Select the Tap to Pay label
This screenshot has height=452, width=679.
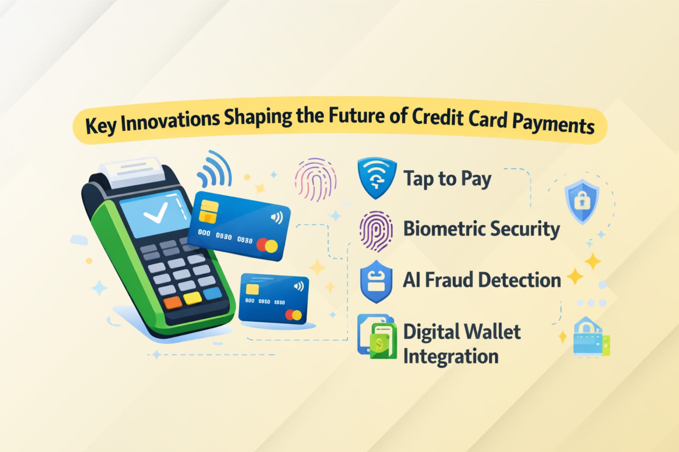point(447,179)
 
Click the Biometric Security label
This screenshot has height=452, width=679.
point(482,229)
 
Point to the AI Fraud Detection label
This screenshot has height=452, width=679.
point(482,279)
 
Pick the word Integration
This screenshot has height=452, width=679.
point(451,356)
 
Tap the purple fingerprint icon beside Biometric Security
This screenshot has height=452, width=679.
point(376,231)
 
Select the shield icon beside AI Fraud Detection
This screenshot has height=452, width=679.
point(376,282)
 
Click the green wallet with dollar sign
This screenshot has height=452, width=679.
point(384,341)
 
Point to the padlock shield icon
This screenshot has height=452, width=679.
point(582,202)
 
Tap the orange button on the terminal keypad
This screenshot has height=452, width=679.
point(173,303)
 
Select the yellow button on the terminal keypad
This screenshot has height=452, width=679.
point(193,298)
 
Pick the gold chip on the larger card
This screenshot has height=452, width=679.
point(208,212)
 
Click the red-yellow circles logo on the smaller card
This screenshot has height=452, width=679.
point(293,315)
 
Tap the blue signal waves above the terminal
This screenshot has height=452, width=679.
point(215,168)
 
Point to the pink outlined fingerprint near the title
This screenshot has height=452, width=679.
point(316,179)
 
